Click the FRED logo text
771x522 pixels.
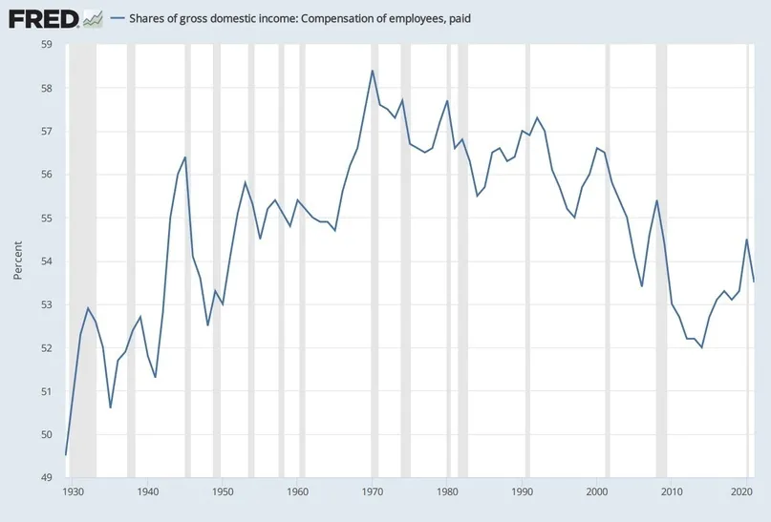point(43,19)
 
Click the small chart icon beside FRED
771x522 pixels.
point(93,19)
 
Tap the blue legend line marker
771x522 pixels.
point(118,19)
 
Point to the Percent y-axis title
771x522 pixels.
point(18,261)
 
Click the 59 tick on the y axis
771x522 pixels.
point(47,45)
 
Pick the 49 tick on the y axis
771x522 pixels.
point(47,477)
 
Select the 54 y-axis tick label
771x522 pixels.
point(47,261)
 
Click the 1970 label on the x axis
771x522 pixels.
point(373,491)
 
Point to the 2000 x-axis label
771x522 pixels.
point(597,491)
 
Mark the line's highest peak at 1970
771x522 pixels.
point(373,71)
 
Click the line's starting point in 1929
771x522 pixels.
point(66,455)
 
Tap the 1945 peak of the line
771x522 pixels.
point(185,157)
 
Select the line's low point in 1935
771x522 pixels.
point(110,407)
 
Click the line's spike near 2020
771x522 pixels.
point(747,240)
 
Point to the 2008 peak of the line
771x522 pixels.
point(656,199)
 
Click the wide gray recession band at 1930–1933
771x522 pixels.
point(82,261)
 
